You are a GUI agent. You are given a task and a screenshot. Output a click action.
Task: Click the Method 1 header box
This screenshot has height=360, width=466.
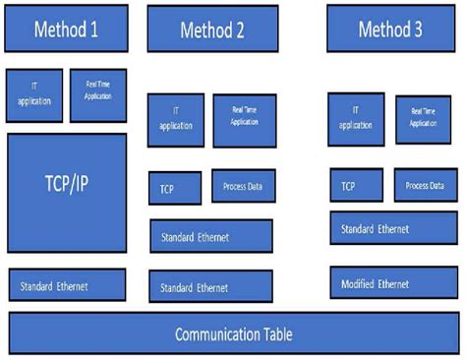click(66, 29)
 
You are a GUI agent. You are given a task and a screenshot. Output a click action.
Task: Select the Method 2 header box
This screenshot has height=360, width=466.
click(212, 30)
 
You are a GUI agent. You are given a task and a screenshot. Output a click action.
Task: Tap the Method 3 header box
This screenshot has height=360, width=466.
click(389, 29)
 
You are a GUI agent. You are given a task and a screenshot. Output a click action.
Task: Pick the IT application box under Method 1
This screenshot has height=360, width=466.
click(33, 94)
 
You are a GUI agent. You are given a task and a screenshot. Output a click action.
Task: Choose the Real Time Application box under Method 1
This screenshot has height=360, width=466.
click(97, 94)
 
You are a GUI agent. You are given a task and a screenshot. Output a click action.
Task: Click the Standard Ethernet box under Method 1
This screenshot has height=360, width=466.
click(67, 285)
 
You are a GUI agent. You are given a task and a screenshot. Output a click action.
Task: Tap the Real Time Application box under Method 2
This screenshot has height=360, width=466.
click(245, 120)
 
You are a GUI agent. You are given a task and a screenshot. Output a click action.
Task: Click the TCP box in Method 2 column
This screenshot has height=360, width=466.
click(175, 187)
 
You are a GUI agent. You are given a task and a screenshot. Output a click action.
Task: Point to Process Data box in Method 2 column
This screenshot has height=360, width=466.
click(243, 186)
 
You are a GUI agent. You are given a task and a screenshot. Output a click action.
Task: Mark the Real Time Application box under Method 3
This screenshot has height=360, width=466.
click(423, 118)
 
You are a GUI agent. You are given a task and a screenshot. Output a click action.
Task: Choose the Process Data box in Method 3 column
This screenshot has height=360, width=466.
click(426, 185)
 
